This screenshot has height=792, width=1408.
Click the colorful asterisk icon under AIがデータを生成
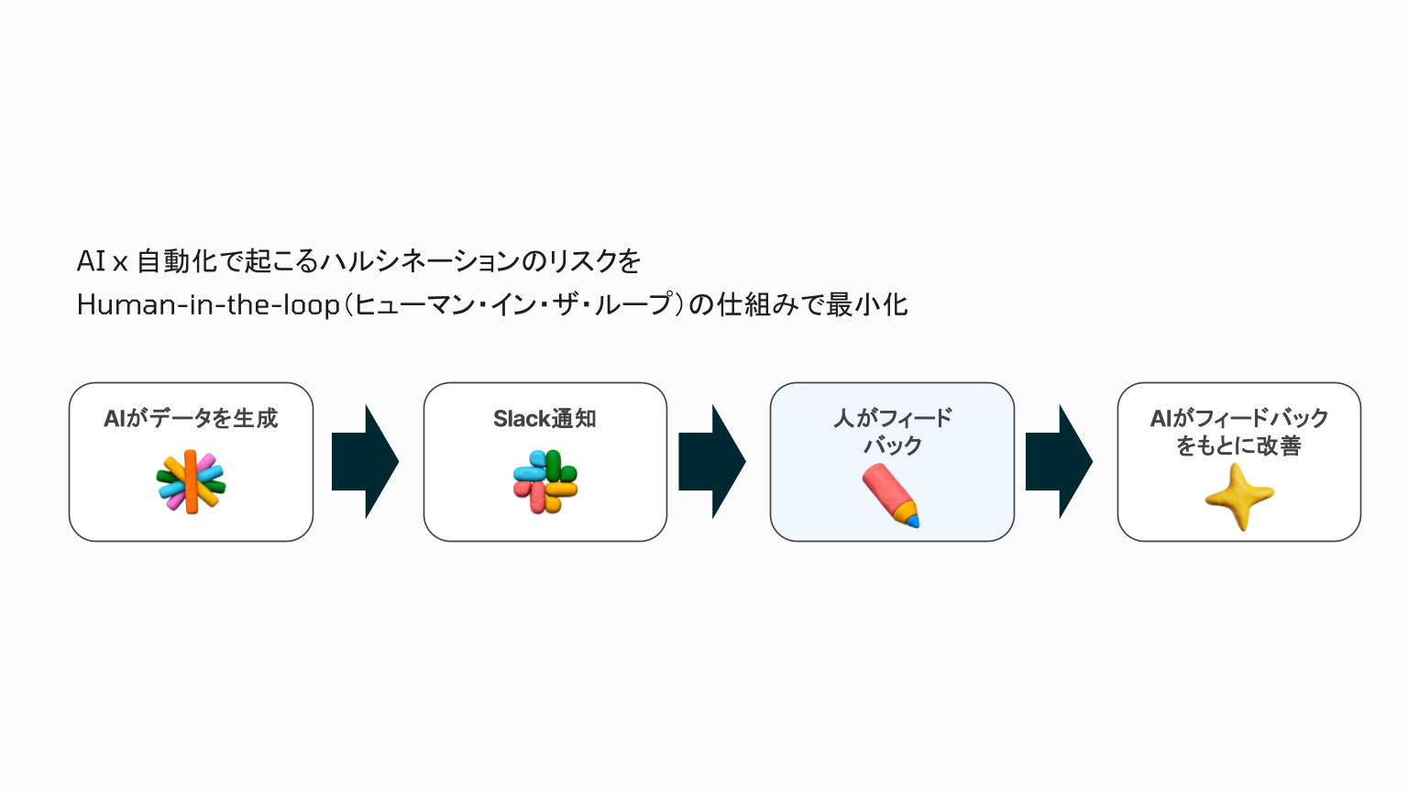(191, 482)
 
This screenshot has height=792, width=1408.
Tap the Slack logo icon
(545, 482)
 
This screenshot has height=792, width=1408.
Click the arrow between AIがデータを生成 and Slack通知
(365, 462)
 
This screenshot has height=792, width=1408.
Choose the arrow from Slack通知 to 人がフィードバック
(712, 462)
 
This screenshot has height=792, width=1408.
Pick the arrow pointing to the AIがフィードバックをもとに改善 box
(1059, 462)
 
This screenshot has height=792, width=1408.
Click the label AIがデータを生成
(191, 419)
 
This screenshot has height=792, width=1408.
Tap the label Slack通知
(544, 419)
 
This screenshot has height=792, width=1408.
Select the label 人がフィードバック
(892, 432)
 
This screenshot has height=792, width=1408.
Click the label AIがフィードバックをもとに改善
(1239, 432)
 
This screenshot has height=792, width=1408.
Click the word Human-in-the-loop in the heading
(208, 304)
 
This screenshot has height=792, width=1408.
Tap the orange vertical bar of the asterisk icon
(191, 482)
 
